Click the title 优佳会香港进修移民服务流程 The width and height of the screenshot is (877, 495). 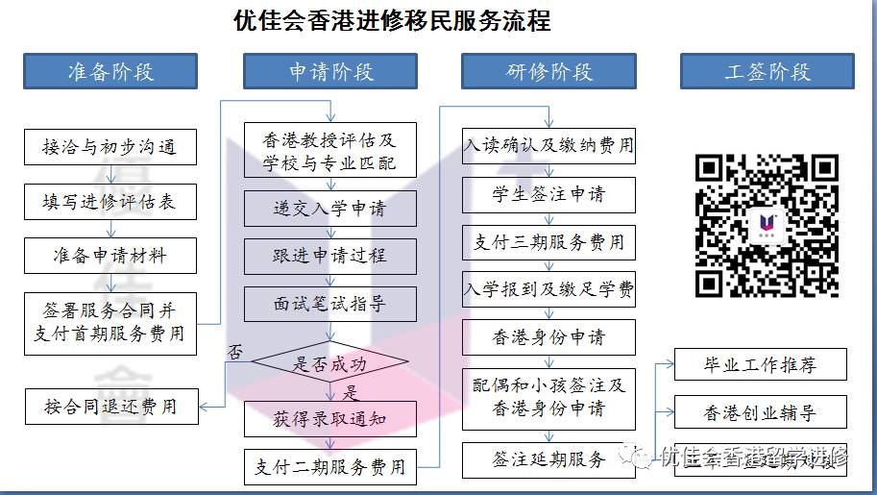coord(392,20)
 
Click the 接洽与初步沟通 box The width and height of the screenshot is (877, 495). coord(110,147)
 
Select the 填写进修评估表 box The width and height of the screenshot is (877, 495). coord(110,202)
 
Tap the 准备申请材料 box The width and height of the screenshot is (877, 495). coord(110,256)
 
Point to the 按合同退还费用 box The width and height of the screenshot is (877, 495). coord(110,406)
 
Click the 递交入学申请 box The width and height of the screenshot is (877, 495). coord(330,208)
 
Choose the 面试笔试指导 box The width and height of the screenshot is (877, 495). coord(330,304)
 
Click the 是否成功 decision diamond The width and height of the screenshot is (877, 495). coord(330,364)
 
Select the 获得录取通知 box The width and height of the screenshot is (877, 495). coord(330,418)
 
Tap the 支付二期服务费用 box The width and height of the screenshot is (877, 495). coord(330,467)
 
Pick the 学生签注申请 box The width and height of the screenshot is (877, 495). coord(548,194)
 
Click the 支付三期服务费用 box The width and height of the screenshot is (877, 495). coord(548,242)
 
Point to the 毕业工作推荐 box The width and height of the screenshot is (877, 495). coord(760,365)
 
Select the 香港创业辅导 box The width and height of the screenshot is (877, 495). coord(760,413)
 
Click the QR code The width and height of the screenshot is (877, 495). coord(767,224)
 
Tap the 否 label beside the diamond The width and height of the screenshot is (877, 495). coord(234,352)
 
